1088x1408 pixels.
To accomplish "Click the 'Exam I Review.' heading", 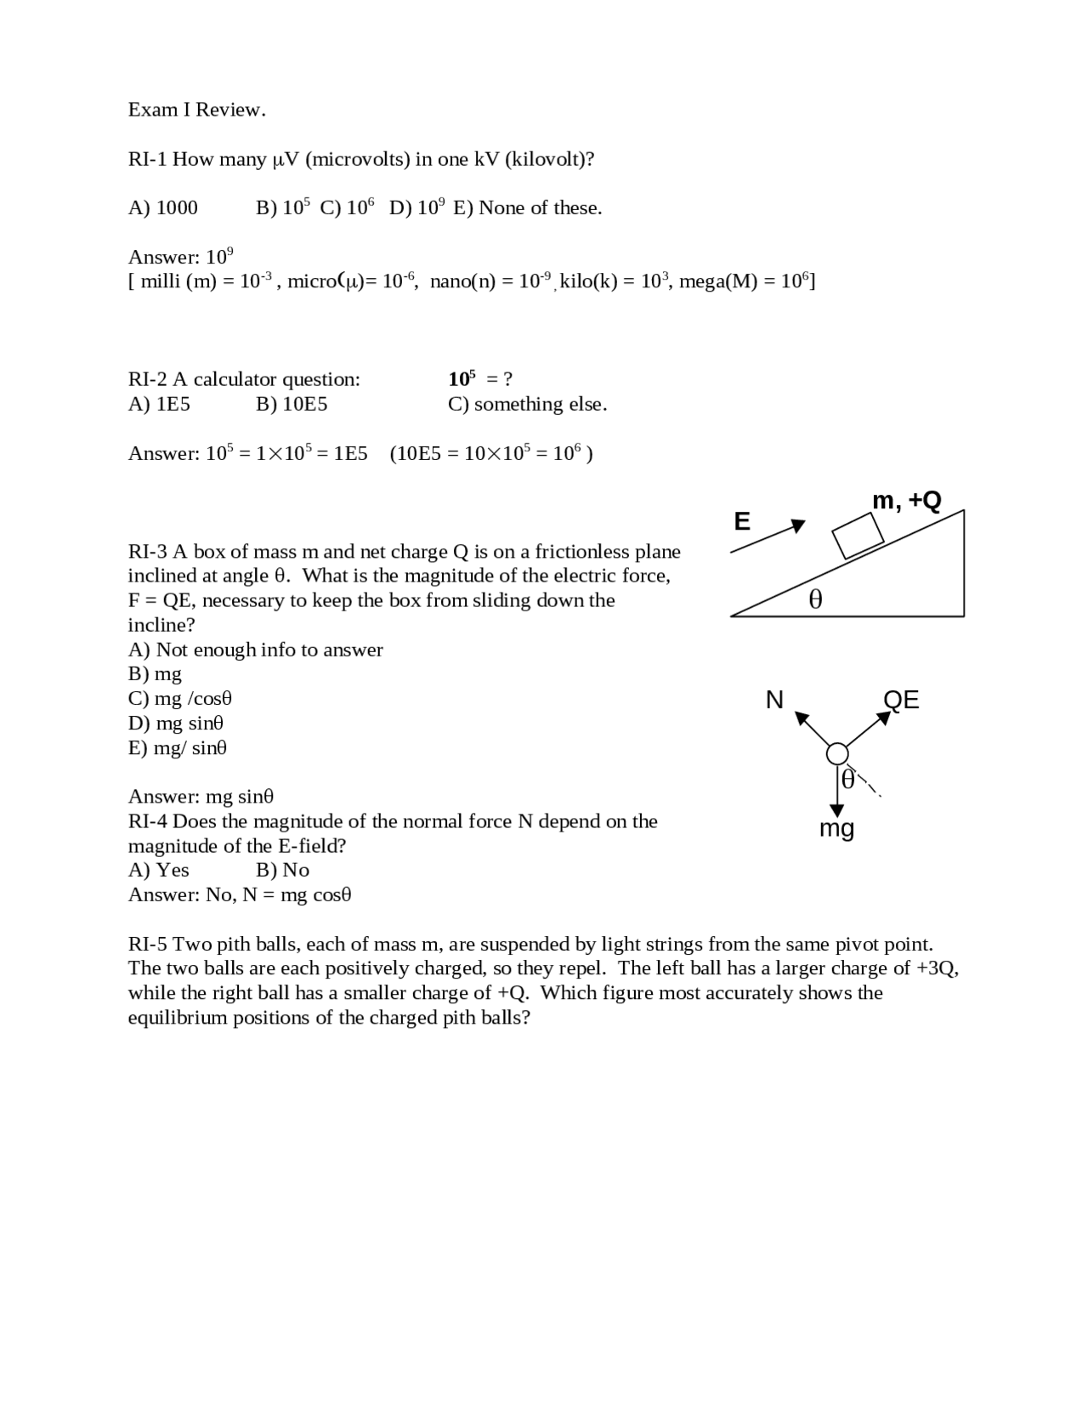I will pyautogui.click(x=196, y=110).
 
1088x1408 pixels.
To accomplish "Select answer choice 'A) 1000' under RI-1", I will pyautogui.click(x=162, y=208).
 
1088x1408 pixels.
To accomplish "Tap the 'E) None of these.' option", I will pyautogui.click(x=527, y=208).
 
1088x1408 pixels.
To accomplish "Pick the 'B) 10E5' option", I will pyautogui.click(x=291, y=404).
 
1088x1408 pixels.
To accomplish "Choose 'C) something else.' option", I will pyautogui.click(x=527, y=404).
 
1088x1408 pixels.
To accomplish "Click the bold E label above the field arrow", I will pyautogui.click(x=742, y=521).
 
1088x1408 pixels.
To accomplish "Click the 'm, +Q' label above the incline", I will pyautogui.click(x=906, y=501).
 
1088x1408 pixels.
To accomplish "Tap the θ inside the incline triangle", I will pyautogui.click(x=815, y=600).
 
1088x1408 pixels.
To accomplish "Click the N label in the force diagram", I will pyautogui.click(x=774, y=700).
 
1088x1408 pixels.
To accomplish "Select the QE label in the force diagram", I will pyautogui.click(x=901, y=700).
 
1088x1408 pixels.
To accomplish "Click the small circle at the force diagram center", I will pyautogui.click(x=837, y=753).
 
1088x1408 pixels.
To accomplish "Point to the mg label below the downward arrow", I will pyautogui.click(x=836, y=828).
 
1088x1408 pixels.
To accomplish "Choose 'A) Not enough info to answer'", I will pyautogui.click(x=255, y=650).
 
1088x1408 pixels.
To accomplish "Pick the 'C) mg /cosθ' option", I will pyautogui.click(x=179, y=699).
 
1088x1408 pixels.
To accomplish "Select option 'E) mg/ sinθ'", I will pyautogui.click(x=177, y=748).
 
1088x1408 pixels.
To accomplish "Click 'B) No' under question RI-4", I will pyautogui.click(x=282, y=870).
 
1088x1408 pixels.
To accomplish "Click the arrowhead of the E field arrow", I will pyautogui.click(x=797, y=525).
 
